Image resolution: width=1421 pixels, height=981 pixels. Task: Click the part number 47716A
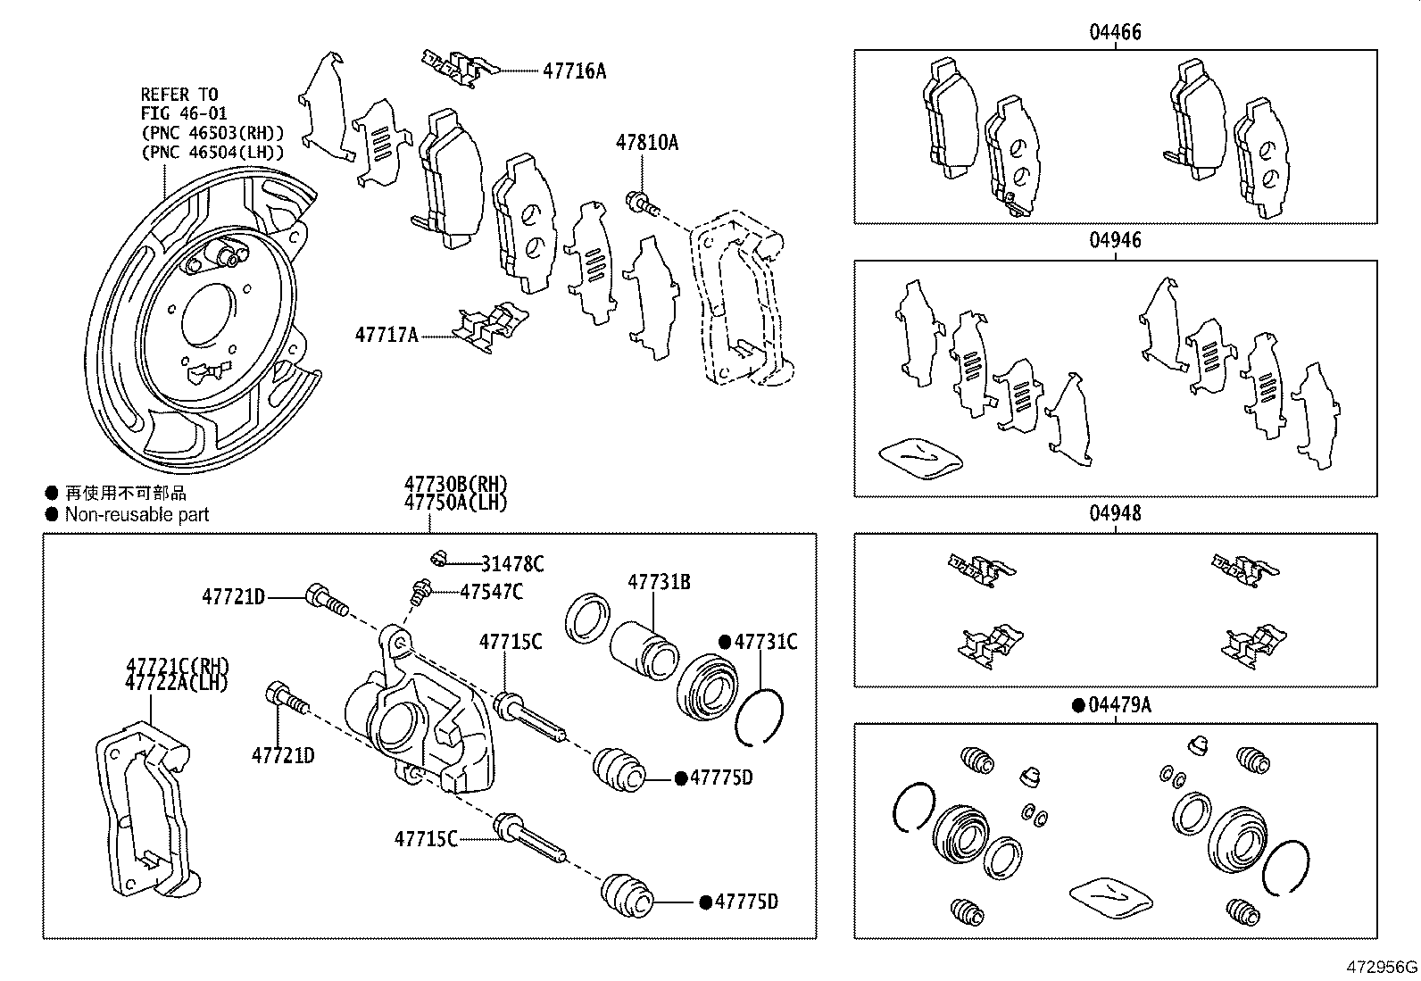click(x=573, y=71)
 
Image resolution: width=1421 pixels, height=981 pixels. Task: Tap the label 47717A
click(x=386, y=336)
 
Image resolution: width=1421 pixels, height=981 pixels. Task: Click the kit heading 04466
click(x=1115, y=33)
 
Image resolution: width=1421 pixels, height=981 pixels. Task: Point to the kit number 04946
click(x=1115, y=241)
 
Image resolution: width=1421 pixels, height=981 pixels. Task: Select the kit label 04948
click(x=1115, y=514)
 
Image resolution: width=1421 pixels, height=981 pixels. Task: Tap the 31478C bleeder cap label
click(x=512, y=564)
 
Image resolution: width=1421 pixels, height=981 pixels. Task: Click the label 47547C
click(x=491, y=592)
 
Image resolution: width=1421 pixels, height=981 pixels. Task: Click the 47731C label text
click(x=766, y=642)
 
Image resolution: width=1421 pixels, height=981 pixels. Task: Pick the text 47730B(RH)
click(x=455, y=485)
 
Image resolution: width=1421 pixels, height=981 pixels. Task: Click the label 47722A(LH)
click(x=177, y=683)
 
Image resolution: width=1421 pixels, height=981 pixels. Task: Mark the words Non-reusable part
click(x=137, y=515)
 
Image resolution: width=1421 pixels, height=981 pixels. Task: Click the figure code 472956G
click(x=1382, y=967)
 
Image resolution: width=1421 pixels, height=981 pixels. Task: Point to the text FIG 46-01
click(x=184, y=113)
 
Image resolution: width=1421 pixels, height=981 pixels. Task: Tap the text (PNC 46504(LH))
click(x=212, y=152)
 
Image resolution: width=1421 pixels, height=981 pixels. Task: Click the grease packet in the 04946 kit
click(x=920, y=458)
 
